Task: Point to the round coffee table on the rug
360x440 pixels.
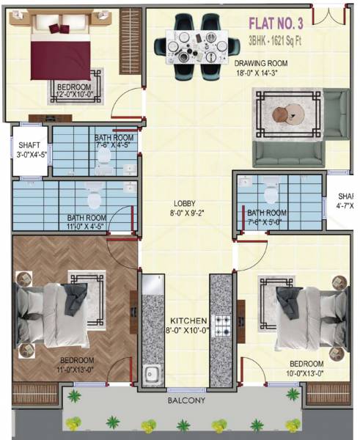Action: tap(287, 114)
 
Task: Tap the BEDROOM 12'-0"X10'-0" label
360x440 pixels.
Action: tap(75, 91)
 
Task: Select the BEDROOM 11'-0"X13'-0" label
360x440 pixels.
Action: tap(77, 364)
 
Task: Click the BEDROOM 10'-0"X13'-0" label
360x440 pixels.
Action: tap(306, 368)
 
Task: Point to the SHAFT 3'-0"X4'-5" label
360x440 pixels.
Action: tap(32, 150)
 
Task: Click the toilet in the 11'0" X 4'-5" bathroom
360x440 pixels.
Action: tap(94, 197)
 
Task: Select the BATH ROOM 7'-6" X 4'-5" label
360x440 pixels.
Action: tap(114, 142)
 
